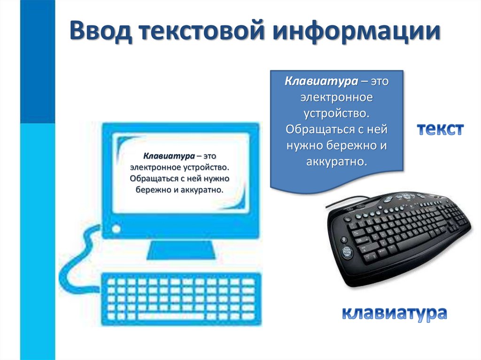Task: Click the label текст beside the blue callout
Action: point(441,130)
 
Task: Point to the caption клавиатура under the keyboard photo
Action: point(394,313)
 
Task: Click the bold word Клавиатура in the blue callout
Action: point(321,82)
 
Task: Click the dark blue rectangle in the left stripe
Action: point(38,61)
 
